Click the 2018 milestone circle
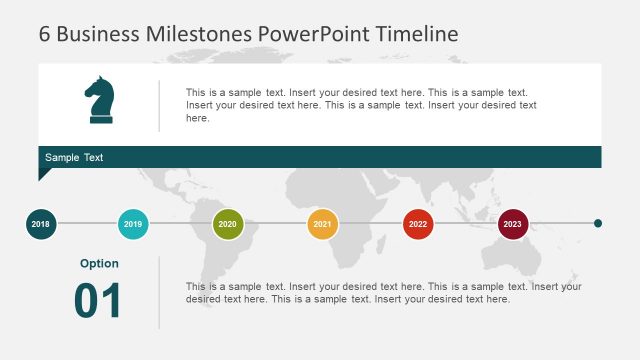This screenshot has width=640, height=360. coord(41,224)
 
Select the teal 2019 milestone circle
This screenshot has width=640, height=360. coord(133,224)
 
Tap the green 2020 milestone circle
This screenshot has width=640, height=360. coord(228,224)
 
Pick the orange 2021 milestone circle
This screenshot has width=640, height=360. coord(322,224)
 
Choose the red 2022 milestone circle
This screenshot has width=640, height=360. coord(418,224)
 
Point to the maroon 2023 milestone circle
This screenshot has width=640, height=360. coord(513,224)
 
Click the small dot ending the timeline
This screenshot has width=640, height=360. coord(598,224)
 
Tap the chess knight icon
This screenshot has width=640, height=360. coord(100,101)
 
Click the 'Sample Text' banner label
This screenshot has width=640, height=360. coord(74,158)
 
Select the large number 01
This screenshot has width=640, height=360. coord(98,301)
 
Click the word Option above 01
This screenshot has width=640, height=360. coord(99,264)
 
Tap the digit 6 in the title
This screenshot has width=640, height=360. coord(45,33)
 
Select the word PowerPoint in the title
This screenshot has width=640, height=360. coord(314,33)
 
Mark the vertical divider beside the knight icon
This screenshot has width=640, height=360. coord(159,105)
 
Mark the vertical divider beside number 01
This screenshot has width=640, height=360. coord(159,292)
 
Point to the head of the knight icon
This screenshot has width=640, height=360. coord(98,89)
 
